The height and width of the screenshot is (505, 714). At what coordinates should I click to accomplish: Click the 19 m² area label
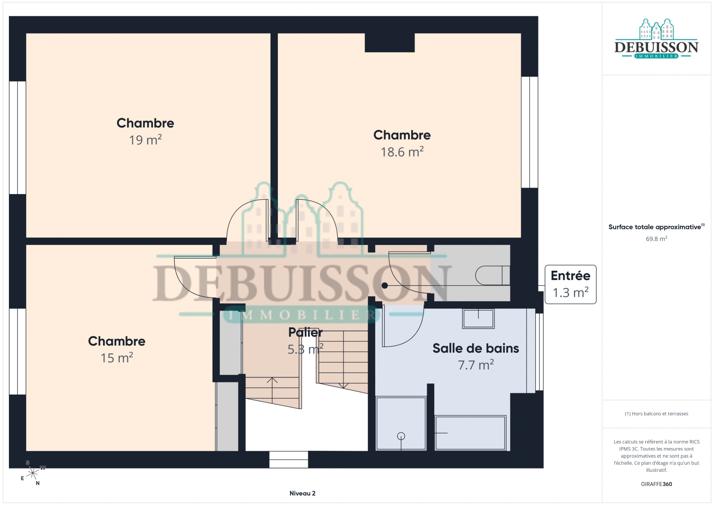[146, 140]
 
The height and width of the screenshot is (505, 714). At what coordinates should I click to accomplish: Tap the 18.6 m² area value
[402, 151]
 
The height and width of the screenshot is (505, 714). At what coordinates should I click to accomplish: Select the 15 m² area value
[117, 358]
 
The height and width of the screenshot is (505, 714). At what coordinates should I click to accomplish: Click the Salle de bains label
[475, 348]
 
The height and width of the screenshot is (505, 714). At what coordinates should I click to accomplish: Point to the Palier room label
[306, 332]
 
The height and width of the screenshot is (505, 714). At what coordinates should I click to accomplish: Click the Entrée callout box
[570, 284]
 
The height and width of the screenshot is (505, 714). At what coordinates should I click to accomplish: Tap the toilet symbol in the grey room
[493, 275]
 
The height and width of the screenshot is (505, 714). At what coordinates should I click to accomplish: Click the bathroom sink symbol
[478, 318]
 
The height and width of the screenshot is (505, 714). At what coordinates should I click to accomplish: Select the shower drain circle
[401, 436]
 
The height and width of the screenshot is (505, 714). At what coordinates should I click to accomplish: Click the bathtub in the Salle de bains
[471, 433]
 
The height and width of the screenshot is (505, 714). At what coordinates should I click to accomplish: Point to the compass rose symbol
[33, 473]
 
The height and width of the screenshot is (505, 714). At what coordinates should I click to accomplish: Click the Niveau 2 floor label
[302, 493]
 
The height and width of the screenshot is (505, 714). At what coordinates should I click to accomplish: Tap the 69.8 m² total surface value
[656, 238]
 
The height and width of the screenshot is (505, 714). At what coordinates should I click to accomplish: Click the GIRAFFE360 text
[656, 484]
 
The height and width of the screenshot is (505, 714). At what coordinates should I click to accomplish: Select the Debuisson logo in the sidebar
[656, 38]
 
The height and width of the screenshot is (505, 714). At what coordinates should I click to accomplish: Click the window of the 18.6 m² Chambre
[530, 132]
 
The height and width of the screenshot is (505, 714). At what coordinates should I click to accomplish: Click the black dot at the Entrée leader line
[385, 286]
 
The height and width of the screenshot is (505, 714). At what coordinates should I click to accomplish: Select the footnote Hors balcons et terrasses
[656, 413]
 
